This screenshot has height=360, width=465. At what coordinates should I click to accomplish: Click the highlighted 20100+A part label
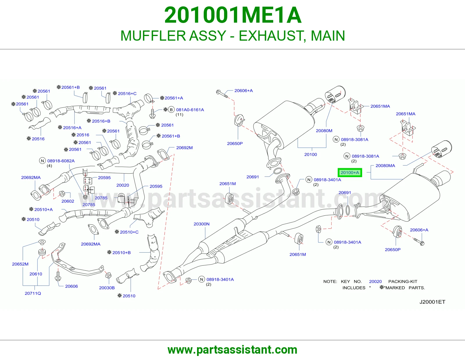[x=350, y=172]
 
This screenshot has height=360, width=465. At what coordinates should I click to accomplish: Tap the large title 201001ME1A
[x=233, y=15]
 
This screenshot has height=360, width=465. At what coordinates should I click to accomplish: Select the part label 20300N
[x=201, y=224]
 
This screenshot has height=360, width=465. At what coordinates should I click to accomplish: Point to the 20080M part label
[x=324, y=131]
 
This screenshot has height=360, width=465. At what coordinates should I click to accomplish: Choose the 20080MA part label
[x=385, y=165]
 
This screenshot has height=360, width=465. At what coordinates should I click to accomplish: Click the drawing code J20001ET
[x=432, y=302]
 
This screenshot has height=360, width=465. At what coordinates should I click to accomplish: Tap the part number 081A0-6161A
[x=190, y=110]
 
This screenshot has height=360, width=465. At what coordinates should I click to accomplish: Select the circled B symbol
[x=171, y=110]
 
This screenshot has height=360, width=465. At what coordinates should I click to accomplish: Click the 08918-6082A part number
[x=61, y=161]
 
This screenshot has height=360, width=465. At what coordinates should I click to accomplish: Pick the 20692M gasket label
[x=184, y=148]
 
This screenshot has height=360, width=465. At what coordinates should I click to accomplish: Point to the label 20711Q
[x=33, y=293]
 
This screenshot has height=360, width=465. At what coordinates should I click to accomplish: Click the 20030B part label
[x=107, y=288]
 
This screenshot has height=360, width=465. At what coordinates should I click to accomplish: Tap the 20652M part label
[x=20, y=264]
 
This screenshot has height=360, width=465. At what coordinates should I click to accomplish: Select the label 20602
[x=68, y=201]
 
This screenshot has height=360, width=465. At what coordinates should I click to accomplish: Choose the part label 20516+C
[x=127, y=93]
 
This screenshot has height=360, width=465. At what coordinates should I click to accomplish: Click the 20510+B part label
[x=121, y=253]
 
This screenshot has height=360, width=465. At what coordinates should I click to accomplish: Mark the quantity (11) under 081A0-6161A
[x=179, y=115]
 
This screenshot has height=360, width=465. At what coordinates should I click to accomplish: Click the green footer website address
[x=233, y=350]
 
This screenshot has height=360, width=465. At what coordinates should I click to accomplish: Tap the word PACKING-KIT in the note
[x=403, y=282]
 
